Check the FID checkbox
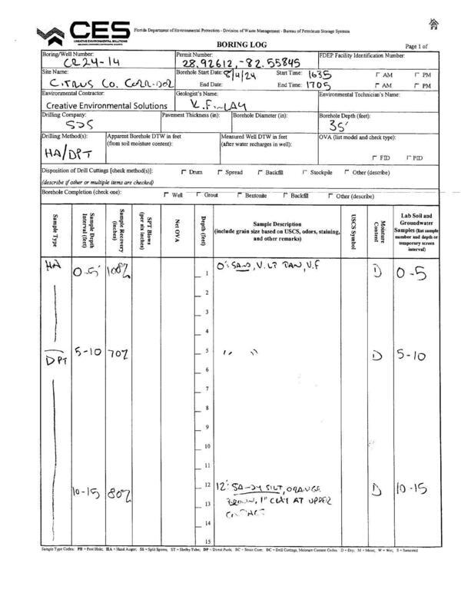(x=373, y=158)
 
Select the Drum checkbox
(x=183, y=172)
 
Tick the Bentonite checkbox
(x=240, y=196)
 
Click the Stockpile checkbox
(x=305, y=172)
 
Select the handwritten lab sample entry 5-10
(x=413, y=355)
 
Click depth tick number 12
(x=207, y=485)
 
